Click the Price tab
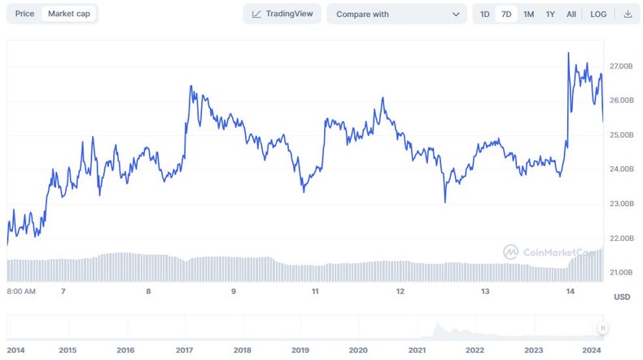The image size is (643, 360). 24,14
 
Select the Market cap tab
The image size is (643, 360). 68,14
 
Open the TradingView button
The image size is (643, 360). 282,14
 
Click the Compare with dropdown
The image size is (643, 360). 397,14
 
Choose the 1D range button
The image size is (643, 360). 485,14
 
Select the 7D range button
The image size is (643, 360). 506,14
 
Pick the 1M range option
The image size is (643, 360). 529,14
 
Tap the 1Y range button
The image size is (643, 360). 551,14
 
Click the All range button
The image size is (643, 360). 571,14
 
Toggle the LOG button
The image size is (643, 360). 598,14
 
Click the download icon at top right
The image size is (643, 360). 628,14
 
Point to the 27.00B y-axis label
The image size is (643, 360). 620,65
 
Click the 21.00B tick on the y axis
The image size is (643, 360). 620,272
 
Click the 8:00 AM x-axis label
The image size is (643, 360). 20,291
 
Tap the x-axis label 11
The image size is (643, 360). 315,291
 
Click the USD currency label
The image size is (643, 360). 622,297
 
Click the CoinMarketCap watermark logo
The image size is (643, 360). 511,252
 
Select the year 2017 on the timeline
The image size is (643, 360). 184,349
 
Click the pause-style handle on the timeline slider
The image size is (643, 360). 603,328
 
